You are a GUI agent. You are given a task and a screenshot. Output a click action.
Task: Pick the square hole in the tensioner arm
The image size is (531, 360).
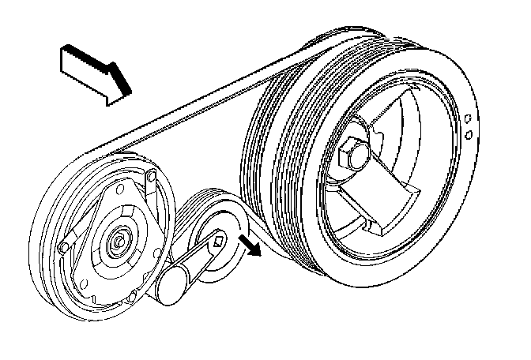(218, 237)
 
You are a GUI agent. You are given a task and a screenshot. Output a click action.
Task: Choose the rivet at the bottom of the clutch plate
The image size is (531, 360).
(134, 294)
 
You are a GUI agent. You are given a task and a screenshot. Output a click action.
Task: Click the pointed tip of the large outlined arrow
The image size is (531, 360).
(126, 93)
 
